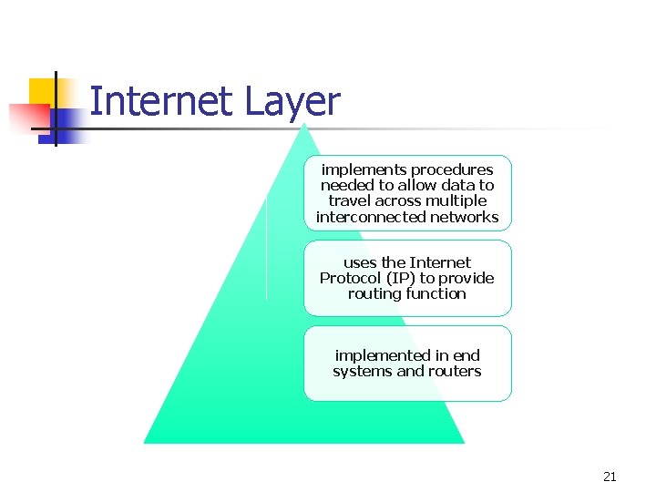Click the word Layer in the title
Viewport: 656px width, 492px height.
(x=292, y=103)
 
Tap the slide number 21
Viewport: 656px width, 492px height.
(x=610, y=477)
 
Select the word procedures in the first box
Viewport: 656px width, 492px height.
(x=452, y=169)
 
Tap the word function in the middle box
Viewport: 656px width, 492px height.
(x=436, y=293)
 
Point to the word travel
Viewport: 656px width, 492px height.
(x=350, y=200)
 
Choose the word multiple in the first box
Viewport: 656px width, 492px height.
(x=458, y=200)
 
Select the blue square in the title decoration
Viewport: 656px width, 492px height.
(x=67, y=125)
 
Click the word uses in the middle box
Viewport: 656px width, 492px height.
(x=359, y=262)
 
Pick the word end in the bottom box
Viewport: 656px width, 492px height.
(x=466, y=355)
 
